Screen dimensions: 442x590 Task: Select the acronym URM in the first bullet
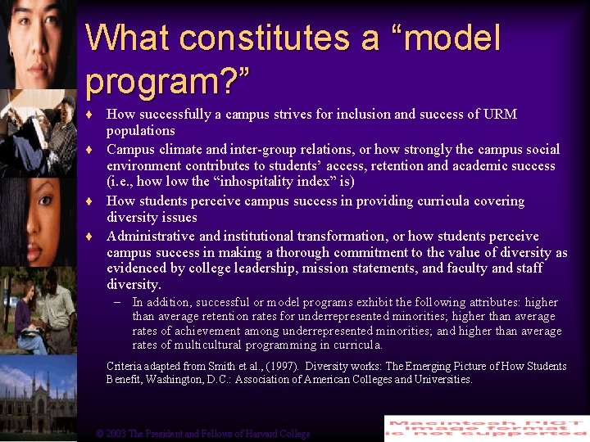pyautogui.click(x=501, y=114)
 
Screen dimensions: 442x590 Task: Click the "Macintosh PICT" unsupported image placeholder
pyautogui.click(x=486, y=428)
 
